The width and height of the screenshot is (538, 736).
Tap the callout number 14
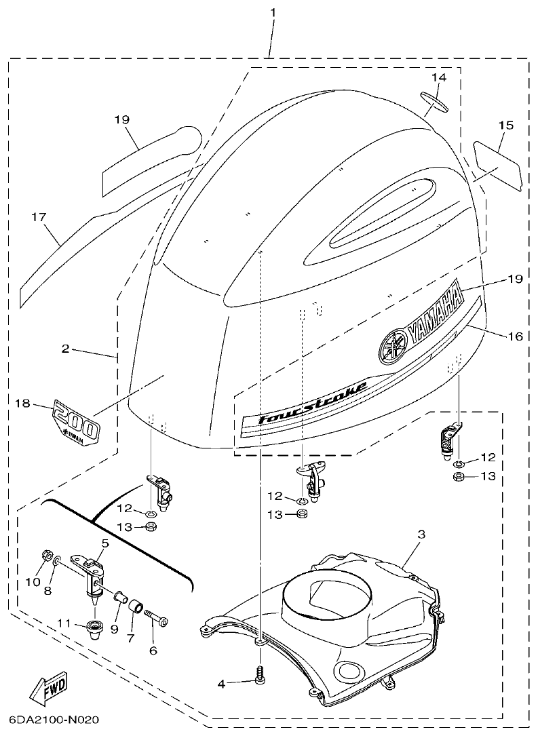point(439,77)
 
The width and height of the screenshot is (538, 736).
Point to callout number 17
point(39,217)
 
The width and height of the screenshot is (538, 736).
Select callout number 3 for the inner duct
point(421,535)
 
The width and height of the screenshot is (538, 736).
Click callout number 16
point(516,335)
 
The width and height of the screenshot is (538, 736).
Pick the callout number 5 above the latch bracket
point(104,543)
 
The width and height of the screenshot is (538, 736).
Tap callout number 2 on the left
point(65,349)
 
